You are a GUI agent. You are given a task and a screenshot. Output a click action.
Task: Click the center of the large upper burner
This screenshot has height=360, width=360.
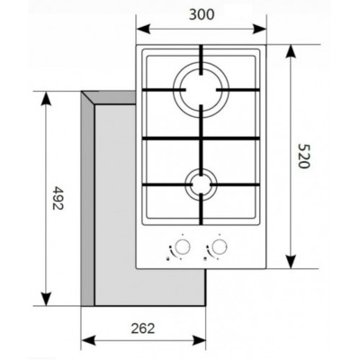point(201,89)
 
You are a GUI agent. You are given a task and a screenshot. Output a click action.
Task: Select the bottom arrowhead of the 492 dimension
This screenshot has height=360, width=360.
point(45,303)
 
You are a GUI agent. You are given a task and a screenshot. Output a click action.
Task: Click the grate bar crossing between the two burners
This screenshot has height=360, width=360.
point(201,136)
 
